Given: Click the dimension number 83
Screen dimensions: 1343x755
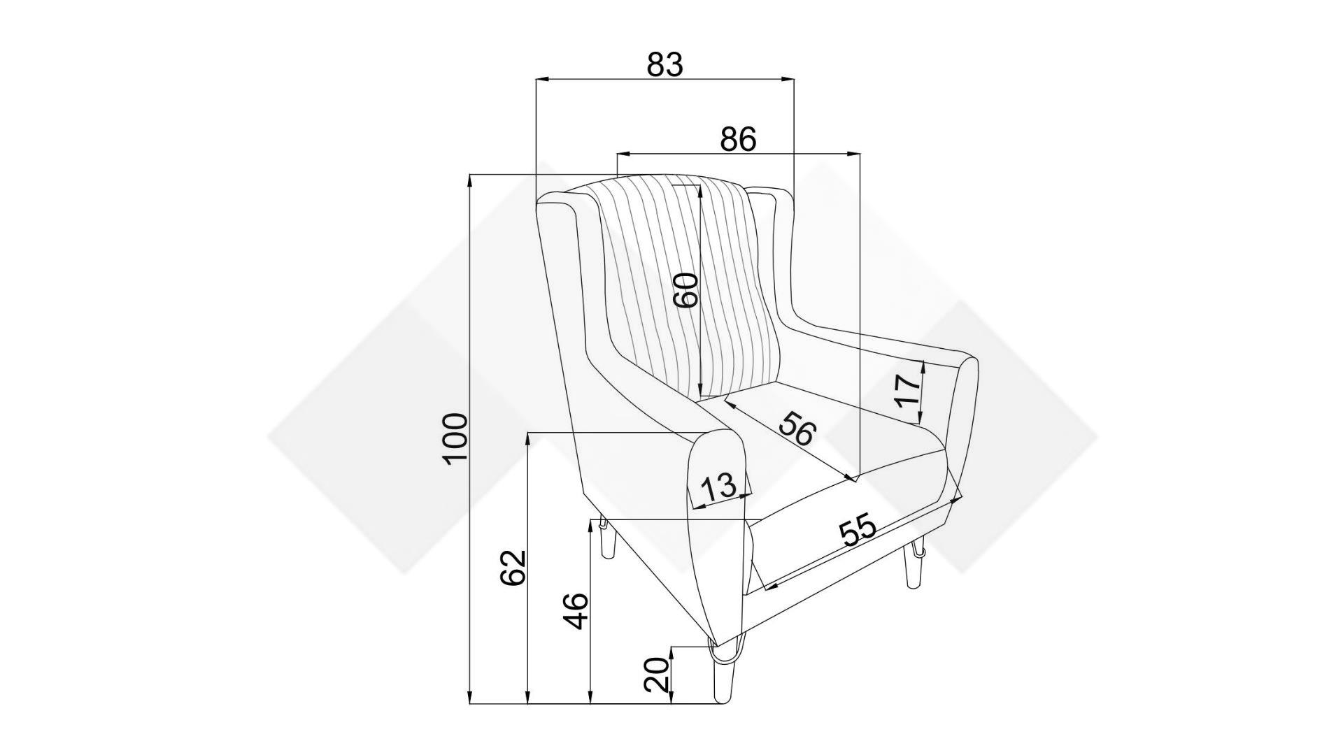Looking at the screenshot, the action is pyautogui.click(x=664, y=64).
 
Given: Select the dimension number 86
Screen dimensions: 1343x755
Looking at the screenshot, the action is pyautogui.click(x=738, y=140).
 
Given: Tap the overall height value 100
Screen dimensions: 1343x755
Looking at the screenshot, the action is pyautogui.click(x=455, y=438).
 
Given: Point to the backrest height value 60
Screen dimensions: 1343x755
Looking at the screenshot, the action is pyautogui.click(x=685, y=290).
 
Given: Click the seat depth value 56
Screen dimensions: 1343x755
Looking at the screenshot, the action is pyautogui.click(x=798, y=429).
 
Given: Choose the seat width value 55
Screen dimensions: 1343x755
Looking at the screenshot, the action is pyautogui.click(x=858, y=530).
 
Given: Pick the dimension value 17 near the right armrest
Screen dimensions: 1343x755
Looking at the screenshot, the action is pyautogui.click(x=907, y=391).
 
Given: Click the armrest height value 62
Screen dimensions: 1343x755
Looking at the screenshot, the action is pyautogui.click(x=513, y=568).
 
